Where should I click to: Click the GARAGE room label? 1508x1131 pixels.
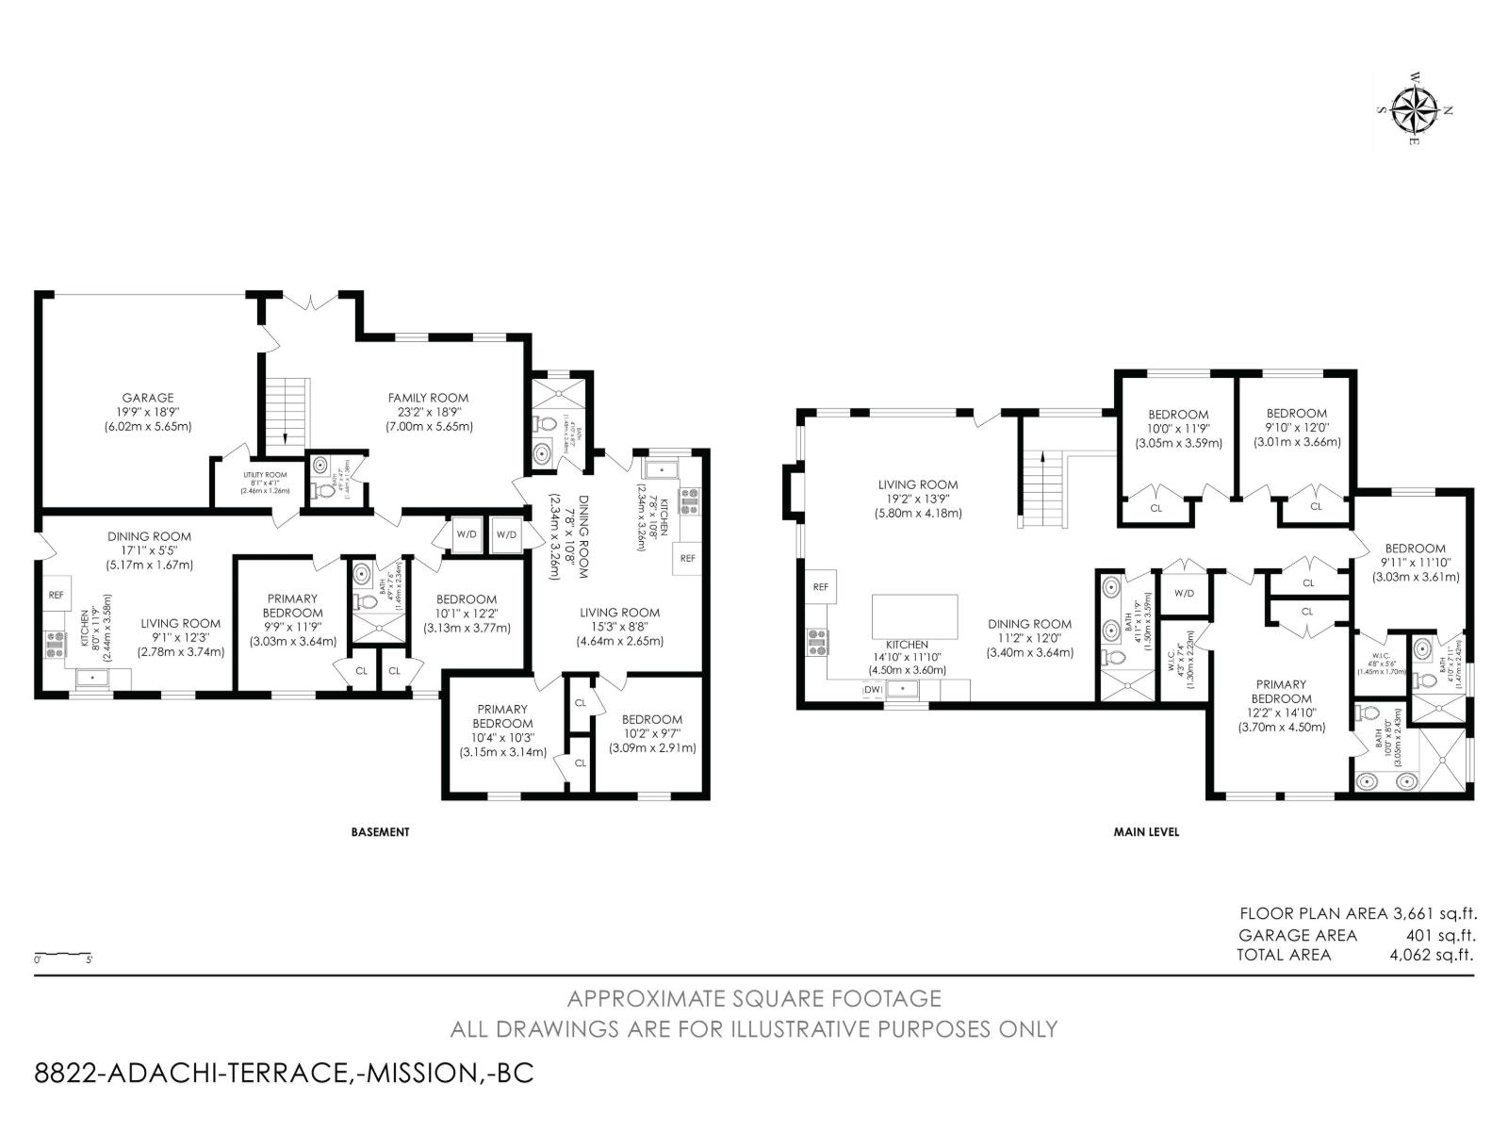click(x=147, y=411)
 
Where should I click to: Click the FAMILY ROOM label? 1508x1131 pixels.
click(x=428, y=411)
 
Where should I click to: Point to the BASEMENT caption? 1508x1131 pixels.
click(x=380, y=832)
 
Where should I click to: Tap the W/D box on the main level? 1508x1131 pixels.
click(x=1184, y=593)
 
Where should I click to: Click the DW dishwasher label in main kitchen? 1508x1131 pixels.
click(x=873, y=690)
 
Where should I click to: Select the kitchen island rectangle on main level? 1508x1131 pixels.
click(x=915, y=615)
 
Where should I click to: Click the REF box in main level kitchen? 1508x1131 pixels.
click(x=820, y=586)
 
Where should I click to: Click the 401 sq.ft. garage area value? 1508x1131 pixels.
click(x=1440, y=935)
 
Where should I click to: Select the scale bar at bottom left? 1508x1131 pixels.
click(x=63, y=954)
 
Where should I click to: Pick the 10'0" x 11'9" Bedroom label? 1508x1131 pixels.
click(x=1178, y=428)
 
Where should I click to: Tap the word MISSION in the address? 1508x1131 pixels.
click(x=418, y=1073)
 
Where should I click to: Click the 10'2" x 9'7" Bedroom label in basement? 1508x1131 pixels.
click(x=651, y=733)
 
